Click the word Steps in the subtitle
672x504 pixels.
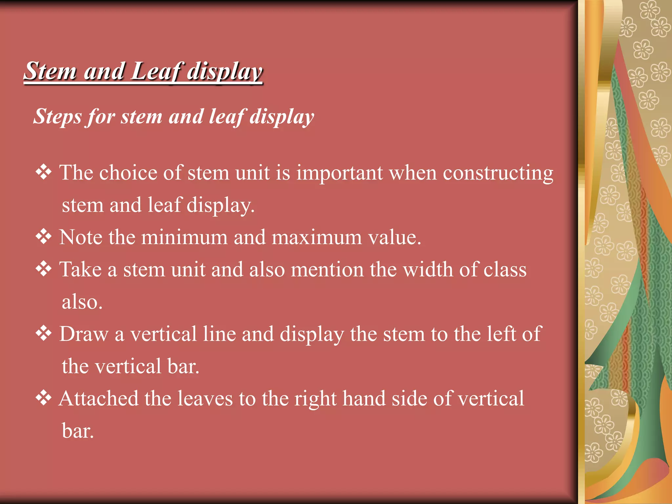57,116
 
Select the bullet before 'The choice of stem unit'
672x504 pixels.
44,172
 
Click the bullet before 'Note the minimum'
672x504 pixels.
44,237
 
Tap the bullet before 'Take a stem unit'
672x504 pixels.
44,269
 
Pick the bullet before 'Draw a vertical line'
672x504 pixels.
44,334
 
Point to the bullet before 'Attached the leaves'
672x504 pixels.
44,398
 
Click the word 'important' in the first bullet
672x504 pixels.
340,173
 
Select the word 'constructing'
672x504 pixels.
498,173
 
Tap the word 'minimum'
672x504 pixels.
184,237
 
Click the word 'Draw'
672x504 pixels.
84,334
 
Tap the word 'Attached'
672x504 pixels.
98,399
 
